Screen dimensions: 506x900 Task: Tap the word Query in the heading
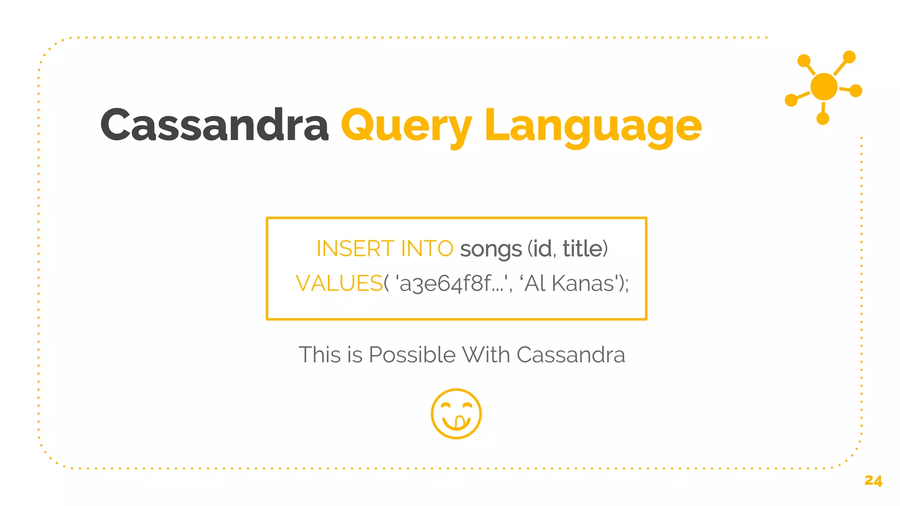click(406, 126)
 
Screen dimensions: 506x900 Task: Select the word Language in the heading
click(593, 126)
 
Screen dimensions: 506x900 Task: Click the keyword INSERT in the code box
click(355, 249)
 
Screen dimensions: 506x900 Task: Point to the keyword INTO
click(427, 249)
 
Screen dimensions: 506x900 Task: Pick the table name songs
click(490, 249)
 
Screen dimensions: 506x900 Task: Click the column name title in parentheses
click(583, 249)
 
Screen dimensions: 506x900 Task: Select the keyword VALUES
click(339, 283)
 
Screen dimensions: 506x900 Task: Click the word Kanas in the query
click(583, 283)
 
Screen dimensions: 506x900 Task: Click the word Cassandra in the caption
click(570, 355)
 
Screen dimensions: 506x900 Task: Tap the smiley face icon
click(456, 414)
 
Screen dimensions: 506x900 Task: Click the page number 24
click(873, 481)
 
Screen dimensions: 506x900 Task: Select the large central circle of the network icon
click(824, 87)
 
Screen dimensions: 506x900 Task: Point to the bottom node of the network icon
click(823, 118)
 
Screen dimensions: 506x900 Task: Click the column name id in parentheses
click(542, 249)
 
